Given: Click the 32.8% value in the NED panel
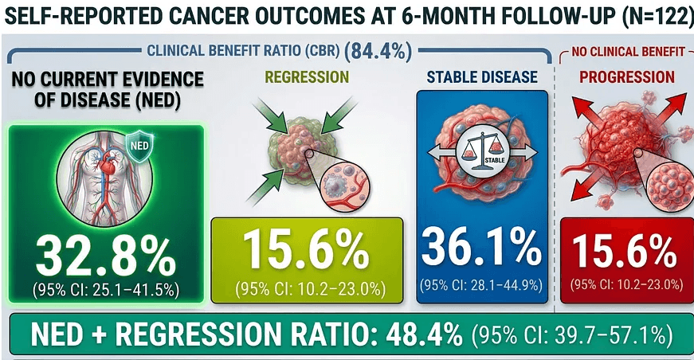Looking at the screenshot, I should click(105, 257).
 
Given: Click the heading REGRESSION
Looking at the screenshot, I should click(306, 77).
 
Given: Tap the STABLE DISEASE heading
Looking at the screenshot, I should click(482, 77).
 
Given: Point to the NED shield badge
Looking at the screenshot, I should click(140, 146).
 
